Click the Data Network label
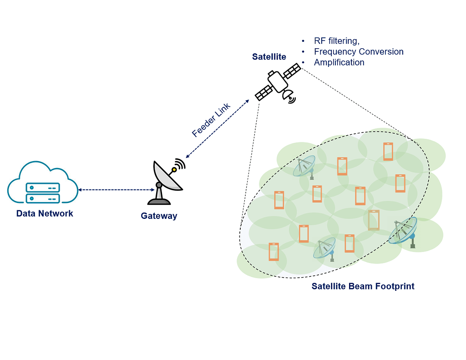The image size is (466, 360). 45,213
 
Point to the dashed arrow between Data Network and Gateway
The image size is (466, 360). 116,189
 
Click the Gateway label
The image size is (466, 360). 159,216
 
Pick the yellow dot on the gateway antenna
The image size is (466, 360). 174,170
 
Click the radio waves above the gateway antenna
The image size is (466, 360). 181,163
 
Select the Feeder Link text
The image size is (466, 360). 211,120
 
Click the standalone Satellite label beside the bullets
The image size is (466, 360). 269,57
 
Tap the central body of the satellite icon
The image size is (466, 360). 277,82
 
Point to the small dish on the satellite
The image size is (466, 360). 288,96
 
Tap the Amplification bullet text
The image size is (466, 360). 339,62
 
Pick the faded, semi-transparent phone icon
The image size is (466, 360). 374,220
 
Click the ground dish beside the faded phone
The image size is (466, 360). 405,231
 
